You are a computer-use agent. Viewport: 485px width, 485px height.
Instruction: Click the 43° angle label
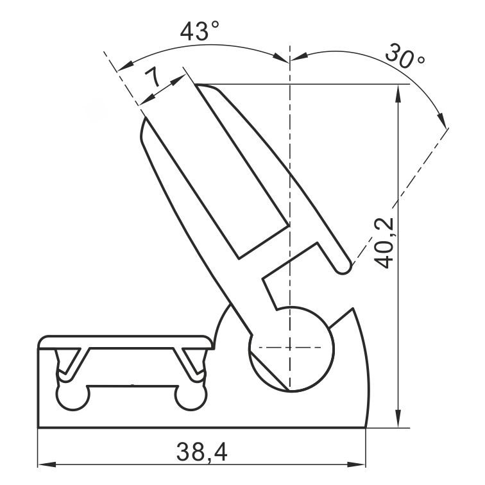(200, 31)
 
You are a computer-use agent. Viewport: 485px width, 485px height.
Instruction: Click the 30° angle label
(405, 56)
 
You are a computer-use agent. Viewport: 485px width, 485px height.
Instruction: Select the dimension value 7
(152, 78)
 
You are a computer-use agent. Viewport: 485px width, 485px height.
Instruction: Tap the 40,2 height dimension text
(384, 242)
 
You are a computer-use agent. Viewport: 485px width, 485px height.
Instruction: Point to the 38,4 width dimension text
(202, 452)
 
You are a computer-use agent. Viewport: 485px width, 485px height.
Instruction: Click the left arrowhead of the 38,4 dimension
(46, 464)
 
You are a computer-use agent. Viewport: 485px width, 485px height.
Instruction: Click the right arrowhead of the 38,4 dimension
(356, 464)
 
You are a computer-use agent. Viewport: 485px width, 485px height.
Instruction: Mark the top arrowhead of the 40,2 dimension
(399, 94)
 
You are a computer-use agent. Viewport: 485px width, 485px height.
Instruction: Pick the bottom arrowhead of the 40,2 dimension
(399, 419)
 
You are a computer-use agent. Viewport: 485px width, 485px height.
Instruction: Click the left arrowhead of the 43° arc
(126, 66)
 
